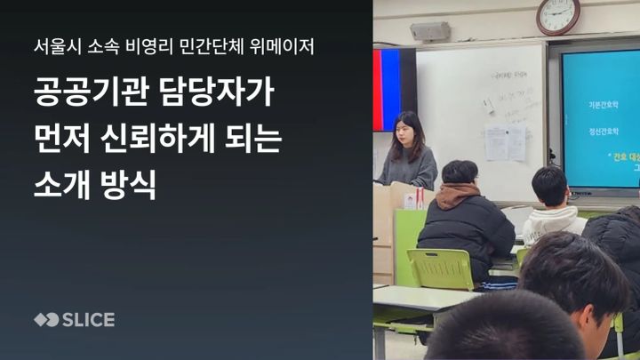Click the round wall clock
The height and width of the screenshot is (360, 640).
pos(557,16)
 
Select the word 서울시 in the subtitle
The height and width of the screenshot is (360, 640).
pos(52,45)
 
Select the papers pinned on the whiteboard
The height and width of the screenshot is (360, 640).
pos(504,141)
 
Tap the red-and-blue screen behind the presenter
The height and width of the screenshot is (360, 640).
pos(394,88)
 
